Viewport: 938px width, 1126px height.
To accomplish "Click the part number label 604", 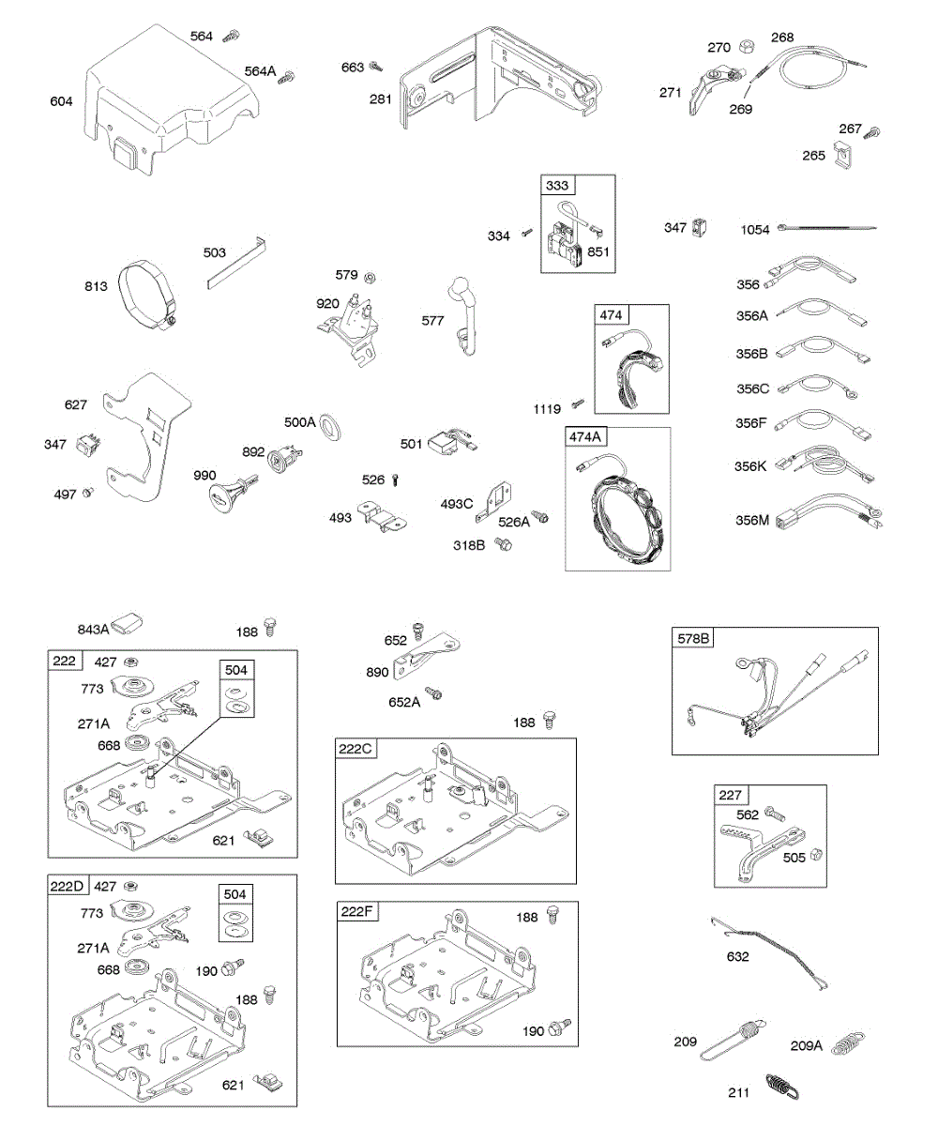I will [61, 101].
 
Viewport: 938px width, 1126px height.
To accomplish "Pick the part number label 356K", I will [752, 465].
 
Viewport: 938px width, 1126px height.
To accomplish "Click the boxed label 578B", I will [694, 639].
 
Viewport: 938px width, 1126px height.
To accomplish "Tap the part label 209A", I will [806, 1045].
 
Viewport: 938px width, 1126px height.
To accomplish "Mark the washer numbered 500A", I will [330, 429].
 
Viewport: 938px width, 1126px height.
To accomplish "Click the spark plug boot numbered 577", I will [465, 310].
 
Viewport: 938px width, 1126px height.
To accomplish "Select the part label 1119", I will [547, 408].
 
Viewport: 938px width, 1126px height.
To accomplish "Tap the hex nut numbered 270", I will [747, 46].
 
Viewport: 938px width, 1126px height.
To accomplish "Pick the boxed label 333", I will [558, 185].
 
